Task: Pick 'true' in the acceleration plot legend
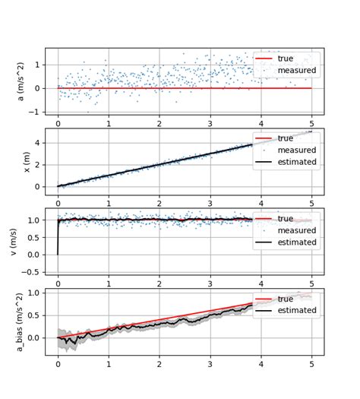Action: tap(288, 59)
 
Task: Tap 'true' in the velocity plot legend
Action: tap(288, 218)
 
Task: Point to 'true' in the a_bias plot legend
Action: tap(288, 299)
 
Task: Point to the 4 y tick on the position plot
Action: tap(38, 141)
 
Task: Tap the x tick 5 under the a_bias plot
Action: tap(312, 364)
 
